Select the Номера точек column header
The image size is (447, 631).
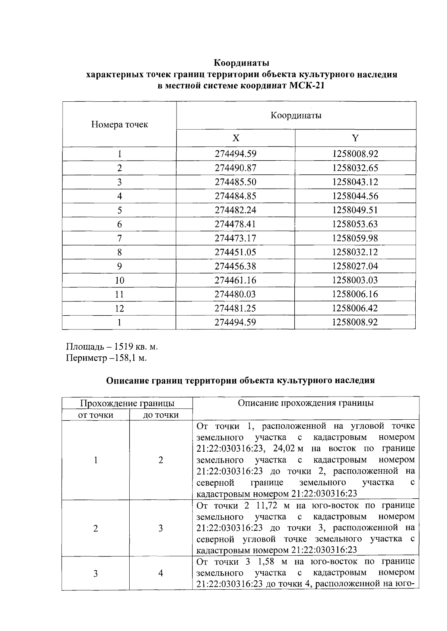click(119, 124)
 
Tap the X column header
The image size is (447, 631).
click(236, 138)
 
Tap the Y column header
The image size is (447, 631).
click(355, 138)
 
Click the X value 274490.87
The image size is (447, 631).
click(235, 168)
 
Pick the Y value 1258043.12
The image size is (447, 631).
click(355, 182)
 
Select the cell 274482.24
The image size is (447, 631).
click(235, 210)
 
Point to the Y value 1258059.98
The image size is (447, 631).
click(355, 239)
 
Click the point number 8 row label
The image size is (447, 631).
click(119, 252)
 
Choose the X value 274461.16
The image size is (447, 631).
click(235, 280)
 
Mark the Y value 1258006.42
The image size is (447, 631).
click(355, 308)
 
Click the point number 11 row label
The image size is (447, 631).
click(119, 294)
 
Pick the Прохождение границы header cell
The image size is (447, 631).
click(127, 403)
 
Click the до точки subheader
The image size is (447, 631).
click(161, 415)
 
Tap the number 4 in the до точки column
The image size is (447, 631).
click(161, 573)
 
